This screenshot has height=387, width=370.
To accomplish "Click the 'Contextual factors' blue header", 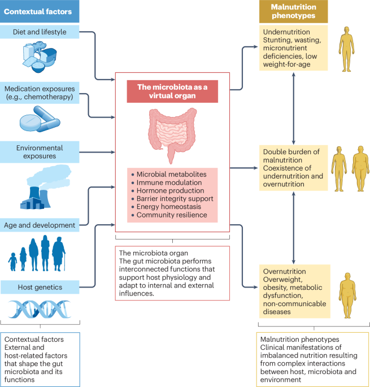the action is [40, 11].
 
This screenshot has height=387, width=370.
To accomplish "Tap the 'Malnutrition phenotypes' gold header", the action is [293, 11].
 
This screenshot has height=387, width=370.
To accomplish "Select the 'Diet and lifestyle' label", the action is [40, 32].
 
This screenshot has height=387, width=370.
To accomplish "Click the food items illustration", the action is [40, 57].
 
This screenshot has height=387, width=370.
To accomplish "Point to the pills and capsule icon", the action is [40, 119].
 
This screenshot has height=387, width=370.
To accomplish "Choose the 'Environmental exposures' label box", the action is [40, 152].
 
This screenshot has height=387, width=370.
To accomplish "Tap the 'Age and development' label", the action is [40, 225].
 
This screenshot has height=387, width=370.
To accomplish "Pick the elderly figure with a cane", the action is [59, 254].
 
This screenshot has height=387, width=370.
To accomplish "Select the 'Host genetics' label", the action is [40, 287].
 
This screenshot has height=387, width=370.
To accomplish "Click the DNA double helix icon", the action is [40, 309].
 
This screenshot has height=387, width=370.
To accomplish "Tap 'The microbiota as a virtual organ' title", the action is [172, 92].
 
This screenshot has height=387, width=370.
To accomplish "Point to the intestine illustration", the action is [172, 135].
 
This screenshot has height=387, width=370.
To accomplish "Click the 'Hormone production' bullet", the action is [171, 190].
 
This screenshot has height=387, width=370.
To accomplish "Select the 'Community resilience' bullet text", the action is [172, 215].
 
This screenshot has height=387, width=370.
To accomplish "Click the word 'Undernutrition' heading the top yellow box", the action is [286, 32].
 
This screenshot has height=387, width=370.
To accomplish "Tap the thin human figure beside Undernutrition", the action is [346, 49].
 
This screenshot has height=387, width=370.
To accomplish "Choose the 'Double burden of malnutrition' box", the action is [294, 168].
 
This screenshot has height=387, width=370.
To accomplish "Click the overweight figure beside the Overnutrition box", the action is [347, 295].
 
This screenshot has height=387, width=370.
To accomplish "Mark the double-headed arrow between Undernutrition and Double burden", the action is [294, 108].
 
